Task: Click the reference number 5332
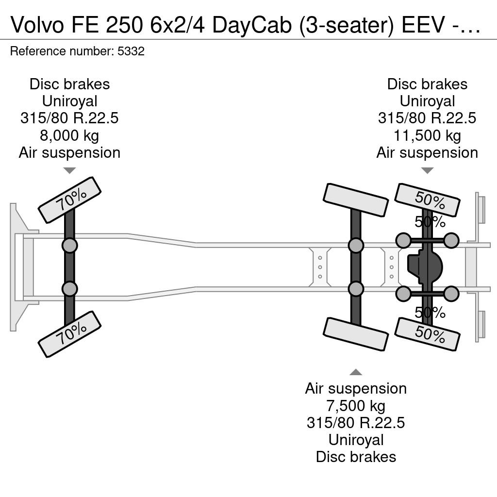click(x=131, y=51)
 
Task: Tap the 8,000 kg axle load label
click(x=69, y=135)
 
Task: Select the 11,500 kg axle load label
click(x=427, y=135)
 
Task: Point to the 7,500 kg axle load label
click(x=356, y=405)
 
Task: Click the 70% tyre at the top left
click(x=69, y=200)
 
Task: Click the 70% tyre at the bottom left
click(x=69, y=334)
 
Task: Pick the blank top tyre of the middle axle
click(x=356, y=200)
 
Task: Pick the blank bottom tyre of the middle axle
click(x=356, y=334)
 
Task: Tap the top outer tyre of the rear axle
click(x=427, y=200)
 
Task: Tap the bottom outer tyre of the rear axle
click(x=427, y=334)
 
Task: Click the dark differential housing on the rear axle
click(x=425, y=267)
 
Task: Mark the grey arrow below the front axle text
click(x=69, y=170)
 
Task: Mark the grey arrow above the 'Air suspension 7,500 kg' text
click(x=356, y=372)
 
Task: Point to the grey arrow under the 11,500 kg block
click(x=427, y=170)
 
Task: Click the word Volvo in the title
click(x=37, y=25)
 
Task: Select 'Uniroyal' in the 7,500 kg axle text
click(x=356, y=440)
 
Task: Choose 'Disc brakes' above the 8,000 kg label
click(x=69, y=84)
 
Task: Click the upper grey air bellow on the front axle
click(x=69, y=245)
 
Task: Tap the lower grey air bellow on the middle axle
click(x=356, y=289)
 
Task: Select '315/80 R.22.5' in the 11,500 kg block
click(x=427, y=118)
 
